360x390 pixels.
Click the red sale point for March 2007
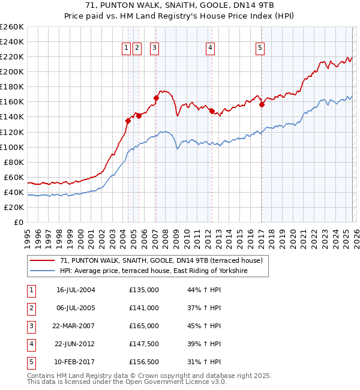click(x=156, y=98)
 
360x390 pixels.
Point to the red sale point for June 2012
click(x=212, y=111)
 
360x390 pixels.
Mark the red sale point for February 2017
click(x=262, y=104)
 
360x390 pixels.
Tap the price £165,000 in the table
click(x=144, y=326)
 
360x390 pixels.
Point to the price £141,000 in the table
click(x=144, y=308)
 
